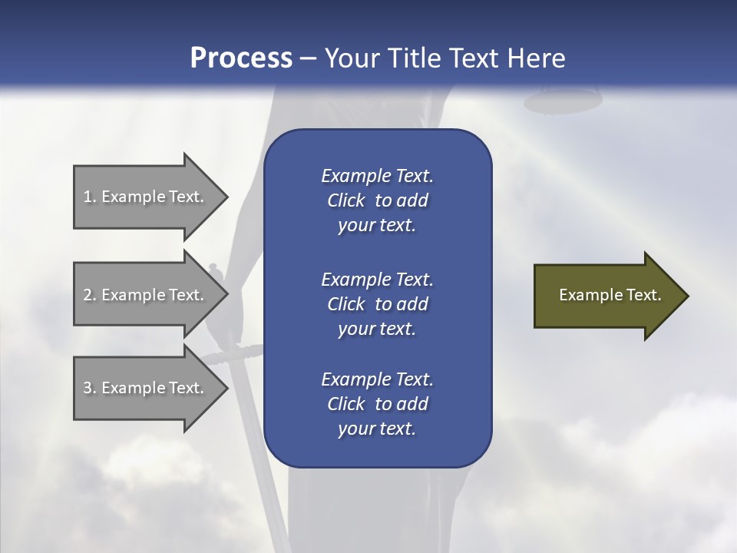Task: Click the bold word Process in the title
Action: coord(241,58)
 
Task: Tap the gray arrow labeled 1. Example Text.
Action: coord(146,197)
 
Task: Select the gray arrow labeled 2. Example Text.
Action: coord(146,295)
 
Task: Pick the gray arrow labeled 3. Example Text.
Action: coord(146,388)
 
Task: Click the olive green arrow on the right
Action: coord(606,295)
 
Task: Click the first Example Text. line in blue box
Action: coord(377,176)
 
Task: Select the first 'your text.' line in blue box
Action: coord(377,226)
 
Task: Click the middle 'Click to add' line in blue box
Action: coord(377,304)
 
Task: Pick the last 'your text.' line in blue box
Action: coord(377,429)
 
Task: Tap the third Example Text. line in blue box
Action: coord(377,379)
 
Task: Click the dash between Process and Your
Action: coord(308,58)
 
